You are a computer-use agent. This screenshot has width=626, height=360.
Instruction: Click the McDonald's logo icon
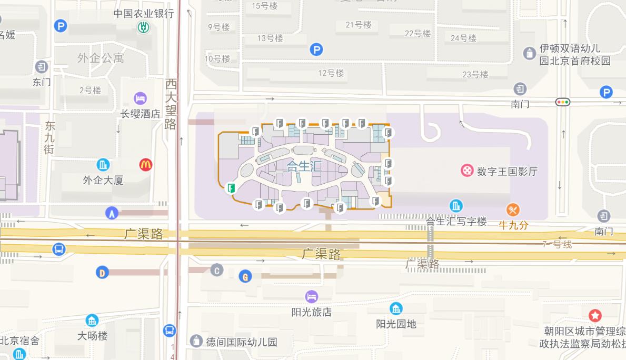pyautogui.click(x=146, y=165)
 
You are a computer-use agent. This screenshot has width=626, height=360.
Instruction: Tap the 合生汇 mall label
pyautogui.click(x=304, y=166)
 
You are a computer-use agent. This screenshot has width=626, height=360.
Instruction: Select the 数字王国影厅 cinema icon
pyautogui.click(x=467, y=171)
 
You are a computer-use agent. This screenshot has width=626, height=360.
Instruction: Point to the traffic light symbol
pyautogui.click(x=563, y=102)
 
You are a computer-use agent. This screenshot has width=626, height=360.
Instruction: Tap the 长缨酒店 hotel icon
pyautogui.click(x=140, y=98)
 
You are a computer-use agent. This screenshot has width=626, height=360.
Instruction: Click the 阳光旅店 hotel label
pyautogui.click(x=312, y=312)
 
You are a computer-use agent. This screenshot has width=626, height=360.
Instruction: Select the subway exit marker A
pyautogui.click(x=112, y=213)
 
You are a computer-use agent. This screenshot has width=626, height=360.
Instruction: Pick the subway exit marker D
pyautogui.click(x=102, y=272)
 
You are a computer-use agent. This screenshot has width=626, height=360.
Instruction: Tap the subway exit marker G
pyautogui.click(x=245, y=276)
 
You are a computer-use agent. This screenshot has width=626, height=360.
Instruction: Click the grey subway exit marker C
pyautogui.click(x=216, y=271)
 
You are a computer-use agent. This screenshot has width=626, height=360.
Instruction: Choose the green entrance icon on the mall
pyautogui.click(x=231, y=187)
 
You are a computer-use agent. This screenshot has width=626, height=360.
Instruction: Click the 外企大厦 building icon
pyautogui.click(x=103, y=165)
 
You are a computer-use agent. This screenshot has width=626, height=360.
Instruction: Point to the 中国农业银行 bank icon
pyautogui.click(x=143, y=27)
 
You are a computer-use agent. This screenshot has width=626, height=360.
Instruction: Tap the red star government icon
pyautogui.click(x=595, y=315)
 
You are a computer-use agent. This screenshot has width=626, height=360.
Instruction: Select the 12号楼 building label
pyautogui.click(x=331, y=73)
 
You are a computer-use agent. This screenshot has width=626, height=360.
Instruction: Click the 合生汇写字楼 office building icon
pyautogui.click(x=456, y=206)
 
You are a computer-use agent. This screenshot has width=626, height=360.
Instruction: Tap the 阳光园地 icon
pyautogui.click(x=396, y=308)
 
